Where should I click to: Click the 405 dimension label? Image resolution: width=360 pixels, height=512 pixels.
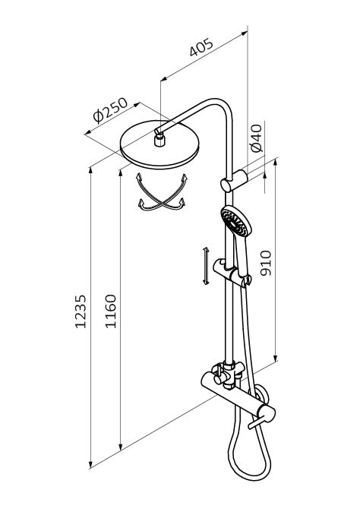(x=201, y=47)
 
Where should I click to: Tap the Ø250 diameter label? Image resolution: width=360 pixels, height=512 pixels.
(x=110, y=109)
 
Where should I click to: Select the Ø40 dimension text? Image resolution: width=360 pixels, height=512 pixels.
(x=257, y=137)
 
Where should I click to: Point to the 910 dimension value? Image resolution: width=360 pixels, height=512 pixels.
(x=266, y=263)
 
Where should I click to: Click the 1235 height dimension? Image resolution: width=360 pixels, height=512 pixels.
(x=81, y=311)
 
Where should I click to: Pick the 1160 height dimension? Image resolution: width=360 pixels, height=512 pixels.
(x=111, y=311)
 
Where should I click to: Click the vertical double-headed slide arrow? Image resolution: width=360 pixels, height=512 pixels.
(x=206, y=266)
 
